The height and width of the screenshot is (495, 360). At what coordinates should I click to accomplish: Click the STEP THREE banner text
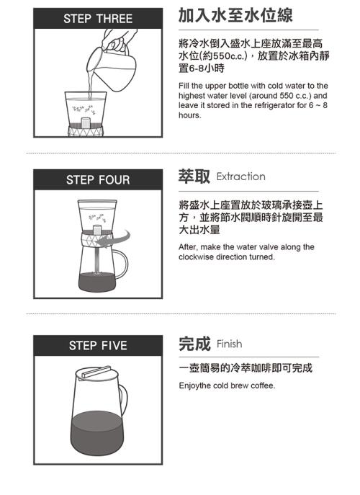pyautogui.click(x=98, y=19)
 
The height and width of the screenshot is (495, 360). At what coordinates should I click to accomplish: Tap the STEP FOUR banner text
pyautogui.click(x=98, y=180)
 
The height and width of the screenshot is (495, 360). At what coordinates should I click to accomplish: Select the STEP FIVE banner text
pyautogui.click(x=98, y=345)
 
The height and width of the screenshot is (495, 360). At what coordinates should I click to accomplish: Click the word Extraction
pyautogui.click(x=240, y=177)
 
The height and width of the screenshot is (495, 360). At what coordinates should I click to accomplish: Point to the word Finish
pyautogui.click(x=230, y=344)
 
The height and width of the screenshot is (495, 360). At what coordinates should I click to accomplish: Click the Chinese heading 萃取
pyautogui.click(x=194, y=176)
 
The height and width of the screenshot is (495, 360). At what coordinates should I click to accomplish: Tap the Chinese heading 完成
pyautogui.click(x=194, y=344)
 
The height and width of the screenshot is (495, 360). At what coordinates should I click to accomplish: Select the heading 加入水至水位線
pyautogui.click(x=235, y=15)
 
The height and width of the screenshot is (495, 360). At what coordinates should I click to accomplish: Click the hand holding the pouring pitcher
pyautogui.click(x=118, y=40)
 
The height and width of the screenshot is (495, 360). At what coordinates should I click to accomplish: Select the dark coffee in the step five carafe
pyautogui.click(x=97, y=432)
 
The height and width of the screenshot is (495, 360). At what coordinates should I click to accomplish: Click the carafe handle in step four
pyautogui.click(x=122, y=264)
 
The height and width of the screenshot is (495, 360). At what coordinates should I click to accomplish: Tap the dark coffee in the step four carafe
pyautogui.click(x=97, y=282)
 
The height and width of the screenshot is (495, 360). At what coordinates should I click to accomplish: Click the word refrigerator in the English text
pyautogui.click(x=268, y=105)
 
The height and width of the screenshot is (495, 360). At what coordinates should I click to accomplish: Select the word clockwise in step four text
pyautogui.click(x=197, y=257)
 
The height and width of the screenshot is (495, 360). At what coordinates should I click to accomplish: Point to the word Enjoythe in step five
pyautogui.click(x=194, y=385)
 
